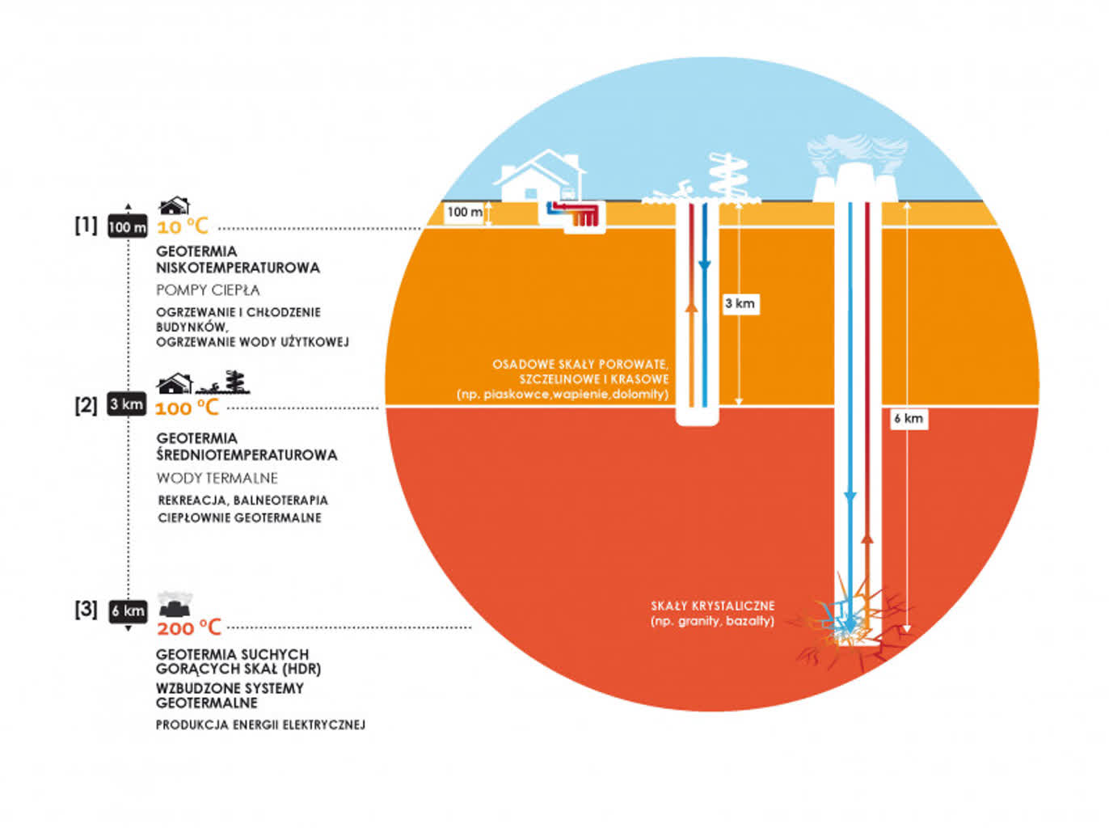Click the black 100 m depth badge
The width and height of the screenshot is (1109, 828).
coord(128,227)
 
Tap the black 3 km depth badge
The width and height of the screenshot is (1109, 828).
coord(127,404)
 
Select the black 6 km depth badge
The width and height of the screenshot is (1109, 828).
coord(128,611)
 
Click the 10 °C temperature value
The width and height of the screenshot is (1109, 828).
coord(183,227)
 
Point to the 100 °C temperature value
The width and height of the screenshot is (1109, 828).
coord(187,408)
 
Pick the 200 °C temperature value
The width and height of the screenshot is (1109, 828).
coord(188,628)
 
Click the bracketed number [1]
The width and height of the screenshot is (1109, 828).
coord(86,226)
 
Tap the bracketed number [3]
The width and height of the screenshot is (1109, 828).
coord(86,610)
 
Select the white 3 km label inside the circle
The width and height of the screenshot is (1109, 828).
coord(740,304)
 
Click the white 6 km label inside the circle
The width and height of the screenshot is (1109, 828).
coord(909,419)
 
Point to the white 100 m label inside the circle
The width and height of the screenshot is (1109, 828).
coord(465,212)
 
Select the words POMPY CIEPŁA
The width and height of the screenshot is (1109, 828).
coord(208,289)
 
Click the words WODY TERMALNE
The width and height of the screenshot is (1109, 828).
coord(217,478)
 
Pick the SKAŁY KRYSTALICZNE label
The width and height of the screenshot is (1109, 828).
coord(712,606)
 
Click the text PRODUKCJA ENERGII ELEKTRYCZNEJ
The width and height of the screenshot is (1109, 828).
coord(260,725)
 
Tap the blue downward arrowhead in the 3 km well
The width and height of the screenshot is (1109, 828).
coord(704,267)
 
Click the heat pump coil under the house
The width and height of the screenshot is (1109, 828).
coord(583,215)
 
